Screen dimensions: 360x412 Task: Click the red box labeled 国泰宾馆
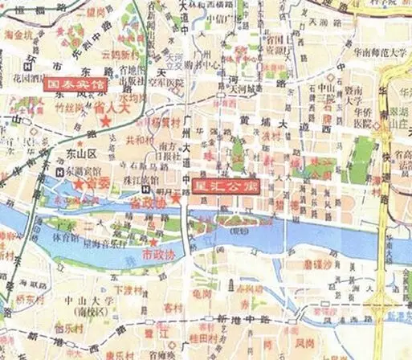(77, 83)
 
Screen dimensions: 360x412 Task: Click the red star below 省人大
(105, 121)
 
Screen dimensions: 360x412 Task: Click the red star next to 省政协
(175, 197)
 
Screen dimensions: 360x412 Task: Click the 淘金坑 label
(18, 35)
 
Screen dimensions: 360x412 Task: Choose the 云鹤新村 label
(117, 55)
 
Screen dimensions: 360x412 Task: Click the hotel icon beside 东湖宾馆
(59, 171)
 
